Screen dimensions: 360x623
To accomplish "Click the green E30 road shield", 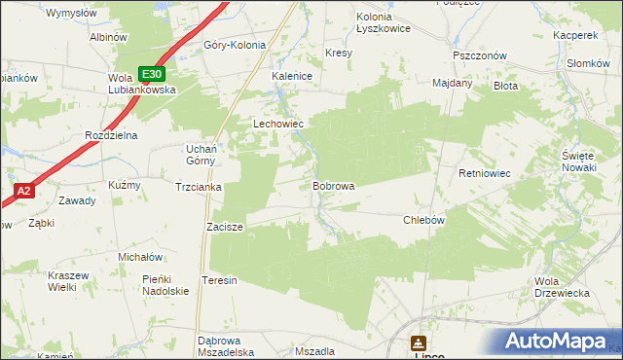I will click(x=151, y=74).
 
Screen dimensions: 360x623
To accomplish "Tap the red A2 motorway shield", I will click(x=24, y=192).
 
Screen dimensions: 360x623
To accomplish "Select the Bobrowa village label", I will click(x=333, y=185).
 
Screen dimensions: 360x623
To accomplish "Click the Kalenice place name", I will click(x=291, y=75).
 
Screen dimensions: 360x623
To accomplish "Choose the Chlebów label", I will click(x=423, y=220).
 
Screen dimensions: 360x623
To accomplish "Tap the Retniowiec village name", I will click(x=485, y=174).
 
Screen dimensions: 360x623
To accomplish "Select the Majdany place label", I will click(x=452, y=83).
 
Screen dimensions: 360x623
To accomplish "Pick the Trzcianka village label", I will click(x=199, y=187).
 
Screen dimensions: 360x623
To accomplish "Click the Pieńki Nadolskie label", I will click(x=165, y=285).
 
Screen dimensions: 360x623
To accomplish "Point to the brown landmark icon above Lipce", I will click(x=419, y=342).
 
